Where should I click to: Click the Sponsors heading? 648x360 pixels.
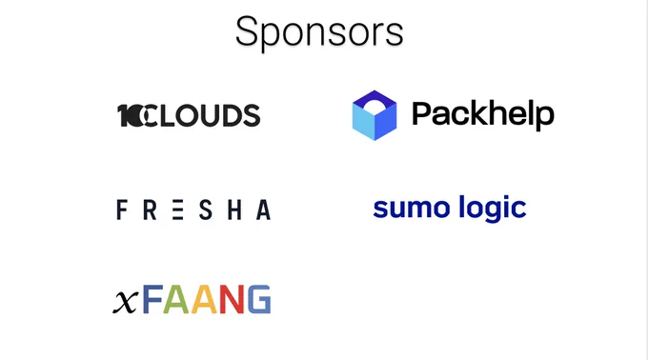(x=319, y=32)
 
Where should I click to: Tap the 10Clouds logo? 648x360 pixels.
(x=189, y=115)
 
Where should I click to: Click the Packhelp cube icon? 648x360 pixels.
(x=375, y=115)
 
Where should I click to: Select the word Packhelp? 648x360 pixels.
(x=483, y=114)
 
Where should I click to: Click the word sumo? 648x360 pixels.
(x=411, y=209)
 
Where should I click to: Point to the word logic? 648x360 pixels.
(x=493, y=209)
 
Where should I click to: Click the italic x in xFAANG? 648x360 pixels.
(x=125, y=302)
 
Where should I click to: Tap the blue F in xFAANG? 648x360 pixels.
(x=152, y=299)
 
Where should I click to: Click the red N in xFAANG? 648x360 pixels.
(x=232, y=299)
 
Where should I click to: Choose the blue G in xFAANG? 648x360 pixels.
(x=259, y=299)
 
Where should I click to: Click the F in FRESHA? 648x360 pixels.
(x=121, y=210)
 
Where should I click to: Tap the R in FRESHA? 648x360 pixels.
(x=150, y=210)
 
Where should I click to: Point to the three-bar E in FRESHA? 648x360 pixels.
(x=177, y=210)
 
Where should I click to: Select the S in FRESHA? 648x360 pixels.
(x=206, y=210)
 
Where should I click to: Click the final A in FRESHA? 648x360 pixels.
(x=263, y=210)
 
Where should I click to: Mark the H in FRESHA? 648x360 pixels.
(x=234, y=210)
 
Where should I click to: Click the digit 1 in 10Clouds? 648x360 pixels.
(x=123, y=115)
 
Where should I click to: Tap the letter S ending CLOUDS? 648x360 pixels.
(x=252, y=115)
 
